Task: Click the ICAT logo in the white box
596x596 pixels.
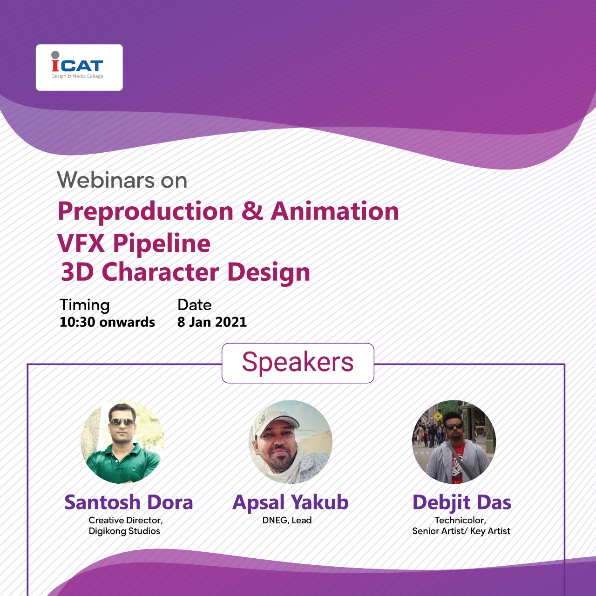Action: [x=77, y=65]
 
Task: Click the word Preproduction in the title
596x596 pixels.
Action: [x=145, y=212]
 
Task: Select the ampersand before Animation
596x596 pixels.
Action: [x=252, y=210]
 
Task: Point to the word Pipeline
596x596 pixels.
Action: [x=162, y=244]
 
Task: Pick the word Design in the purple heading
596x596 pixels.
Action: [x=269, y=273]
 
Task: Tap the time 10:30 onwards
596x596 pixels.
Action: [x=107, y=322]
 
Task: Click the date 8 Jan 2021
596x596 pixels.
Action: [x=212, y=322]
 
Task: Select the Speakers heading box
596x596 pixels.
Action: [x=298, y=363]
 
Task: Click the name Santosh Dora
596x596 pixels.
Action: [x=129, y=501]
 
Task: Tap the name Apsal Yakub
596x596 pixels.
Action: [x=291, y=502]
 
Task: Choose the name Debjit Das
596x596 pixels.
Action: [x=462, y=502]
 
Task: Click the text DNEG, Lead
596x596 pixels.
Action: [x=287, y=520]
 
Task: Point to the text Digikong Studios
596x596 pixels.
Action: [x=124, y=531]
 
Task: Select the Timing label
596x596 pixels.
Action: [x=84, y=305]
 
